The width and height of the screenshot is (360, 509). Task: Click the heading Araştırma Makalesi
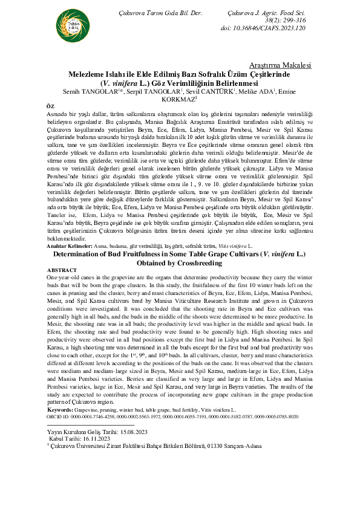(280, 65)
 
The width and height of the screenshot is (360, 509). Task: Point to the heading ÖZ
(50, 106)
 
